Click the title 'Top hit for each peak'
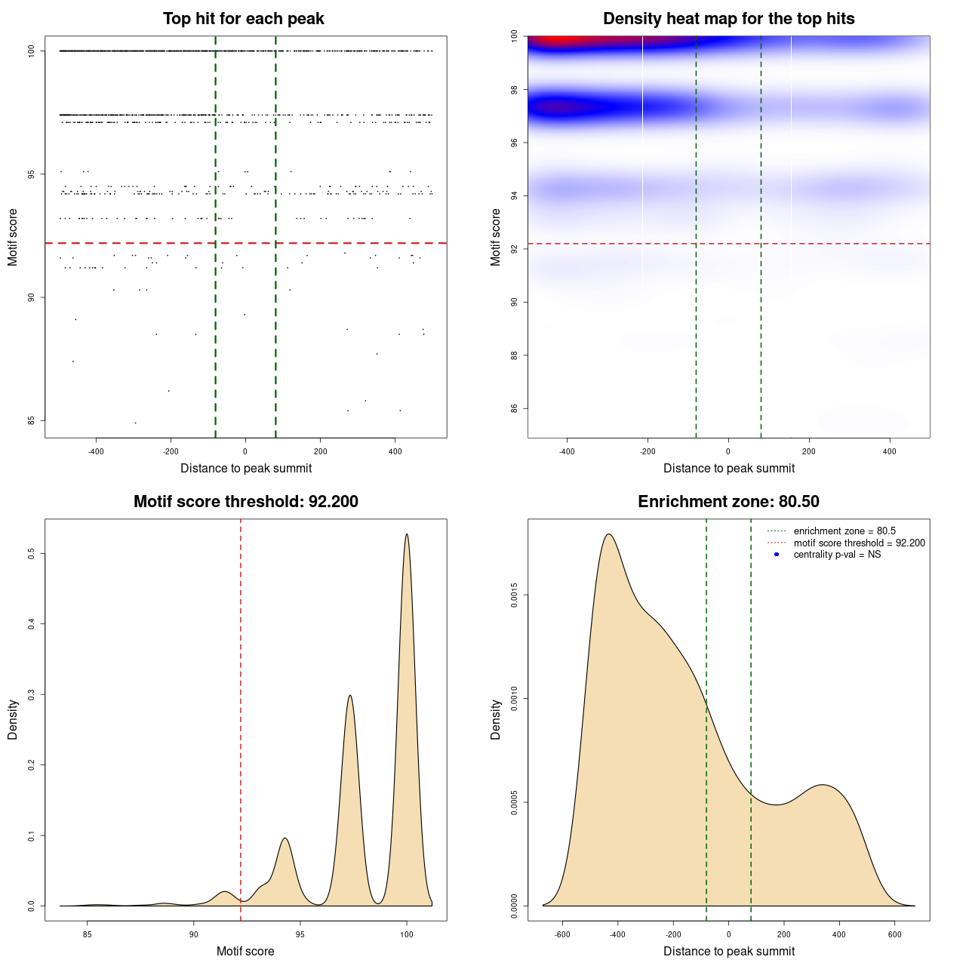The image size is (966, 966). coord(243,19)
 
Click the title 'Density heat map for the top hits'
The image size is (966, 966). coord(728,19)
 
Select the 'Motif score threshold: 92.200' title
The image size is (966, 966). coord(245,502)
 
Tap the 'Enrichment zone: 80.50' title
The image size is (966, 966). coord(728,502)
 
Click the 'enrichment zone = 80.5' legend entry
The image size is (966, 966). coord(844,531)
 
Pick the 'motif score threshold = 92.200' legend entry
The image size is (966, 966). coord(859,543)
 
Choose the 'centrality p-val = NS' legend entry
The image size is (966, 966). coord(837,555)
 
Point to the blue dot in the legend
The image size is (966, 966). coord(777,555)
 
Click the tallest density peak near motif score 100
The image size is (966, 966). coord(407,535)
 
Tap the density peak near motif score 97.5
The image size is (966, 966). coord(350,696)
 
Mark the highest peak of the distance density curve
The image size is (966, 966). coord(608,535)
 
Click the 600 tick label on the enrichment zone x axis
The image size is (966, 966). coord(894,934)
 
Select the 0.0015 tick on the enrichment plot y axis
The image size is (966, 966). coord(514,595)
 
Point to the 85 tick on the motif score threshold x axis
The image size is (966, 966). coord(88,934)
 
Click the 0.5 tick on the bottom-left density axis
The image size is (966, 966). coord(31,553)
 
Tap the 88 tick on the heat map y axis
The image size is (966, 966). coord(514,355)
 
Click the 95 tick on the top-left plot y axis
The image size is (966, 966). coord(31,174)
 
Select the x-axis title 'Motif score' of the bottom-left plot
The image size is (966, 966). coord(245,952)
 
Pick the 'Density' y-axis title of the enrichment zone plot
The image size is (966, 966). coord(496,719)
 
